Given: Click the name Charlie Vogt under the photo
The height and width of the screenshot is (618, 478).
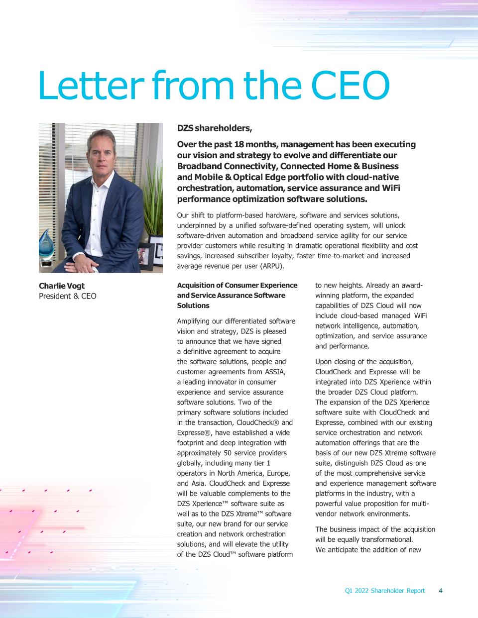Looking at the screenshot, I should click(x=62, y=286).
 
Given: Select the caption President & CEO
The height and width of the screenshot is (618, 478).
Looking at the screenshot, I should click(x=68, y=296).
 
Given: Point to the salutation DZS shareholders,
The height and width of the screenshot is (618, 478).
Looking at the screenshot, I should click(x=215, y=128).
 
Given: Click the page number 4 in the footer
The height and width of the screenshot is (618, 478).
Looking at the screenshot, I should click(x=441, y=591).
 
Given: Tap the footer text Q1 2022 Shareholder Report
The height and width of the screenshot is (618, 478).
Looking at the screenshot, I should click(x=385, y=591).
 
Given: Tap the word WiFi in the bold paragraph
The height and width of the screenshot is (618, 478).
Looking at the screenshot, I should click(x=390, y=188).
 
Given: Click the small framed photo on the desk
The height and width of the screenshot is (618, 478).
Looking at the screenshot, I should click(x=145, y=255).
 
